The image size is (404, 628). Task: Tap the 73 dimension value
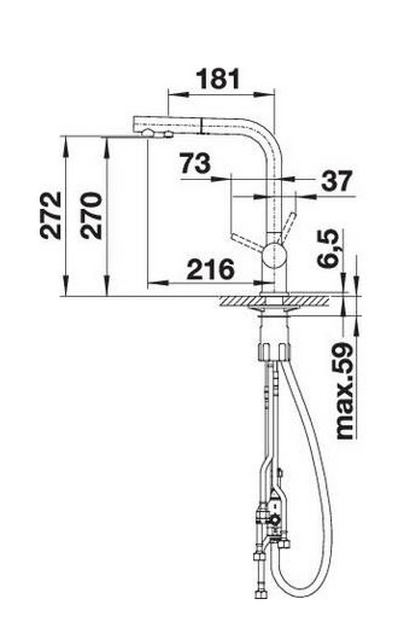[x=195, y=163]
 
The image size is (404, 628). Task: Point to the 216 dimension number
[x=210, y=269]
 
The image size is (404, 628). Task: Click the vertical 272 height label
[x=51, y=215]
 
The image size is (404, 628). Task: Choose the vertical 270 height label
[x=91, y=216]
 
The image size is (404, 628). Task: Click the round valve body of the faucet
[x=274, y=255]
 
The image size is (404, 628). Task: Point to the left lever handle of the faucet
[x=246, y=242]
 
